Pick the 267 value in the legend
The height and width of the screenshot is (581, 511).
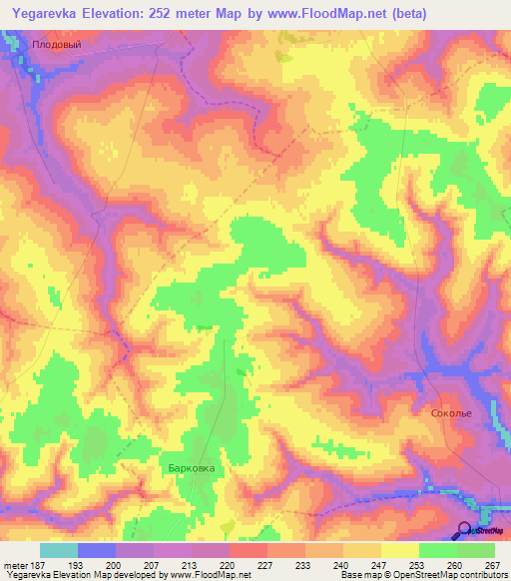pos(491,565)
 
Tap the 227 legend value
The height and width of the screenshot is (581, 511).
pos(267,565)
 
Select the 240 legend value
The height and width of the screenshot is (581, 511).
pos(342,565)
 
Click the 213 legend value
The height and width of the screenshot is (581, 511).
pos(192,565)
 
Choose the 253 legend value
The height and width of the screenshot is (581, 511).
pos(416,565)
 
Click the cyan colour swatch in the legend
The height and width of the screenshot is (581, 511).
pos(59,550)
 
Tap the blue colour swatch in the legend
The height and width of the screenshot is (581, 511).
pos(97,550)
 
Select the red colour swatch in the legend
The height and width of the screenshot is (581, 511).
pos(248,550)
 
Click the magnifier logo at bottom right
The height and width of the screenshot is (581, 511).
pos(465,531)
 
